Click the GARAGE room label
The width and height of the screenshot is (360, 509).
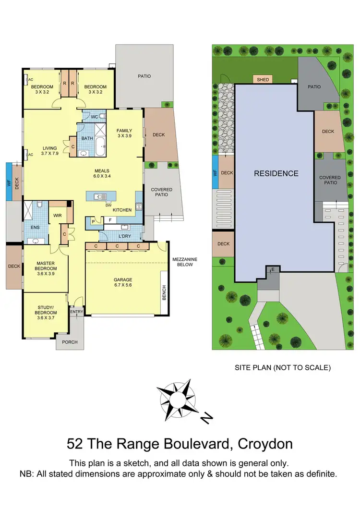tap(123, 279)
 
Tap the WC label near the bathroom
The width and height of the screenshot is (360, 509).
tap(95, 117)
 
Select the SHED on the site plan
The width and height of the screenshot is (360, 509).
tap(263, 79)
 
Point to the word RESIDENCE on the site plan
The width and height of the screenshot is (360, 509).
tap(276, 173)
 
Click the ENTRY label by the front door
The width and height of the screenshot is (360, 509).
tap(76, 312)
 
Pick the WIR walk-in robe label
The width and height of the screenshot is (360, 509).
tap(58, 216)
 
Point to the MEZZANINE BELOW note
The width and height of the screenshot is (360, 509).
tap(185, 262)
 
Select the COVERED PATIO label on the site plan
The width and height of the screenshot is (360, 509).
tap(330, 180)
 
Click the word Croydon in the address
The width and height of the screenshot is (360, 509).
tap(265, 444)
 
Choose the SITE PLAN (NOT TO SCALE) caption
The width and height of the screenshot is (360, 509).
tap(282, 368)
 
